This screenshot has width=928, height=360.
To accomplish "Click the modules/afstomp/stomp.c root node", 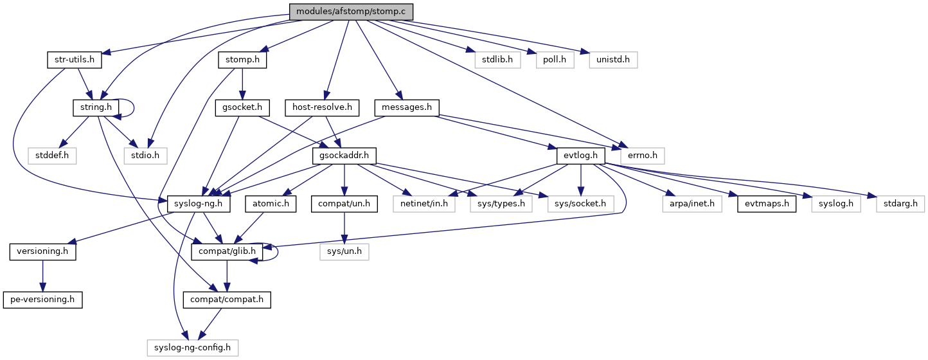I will (x=350, y=12).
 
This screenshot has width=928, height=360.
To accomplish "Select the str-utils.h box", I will (x=71, y=60).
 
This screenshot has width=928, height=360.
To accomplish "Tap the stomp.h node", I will (x=242, y=60).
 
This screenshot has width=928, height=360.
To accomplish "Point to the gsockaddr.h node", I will (x=344, y=156).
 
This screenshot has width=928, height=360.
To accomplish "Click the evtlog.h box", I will (x=582, y=156).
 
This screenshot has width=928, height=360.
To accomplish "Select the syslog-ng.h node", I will (x=199, y=204).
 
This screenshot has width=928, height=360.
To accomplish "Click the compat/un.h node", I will (x=344, y=204).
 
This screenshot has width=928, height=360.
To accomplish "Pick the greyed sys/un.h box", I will (x=344, y=251).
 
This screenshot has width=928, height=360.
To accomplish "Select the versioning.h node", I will (x=42, y=251).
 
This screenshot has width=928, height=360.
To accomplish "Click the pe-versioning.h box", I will (x=42, y=300).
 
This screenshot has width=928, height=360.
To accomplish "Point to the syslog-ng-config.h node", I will (x=193, y=348).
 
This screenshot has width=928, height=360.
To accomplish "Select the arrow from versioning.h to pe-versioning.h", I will (x=42, y=276).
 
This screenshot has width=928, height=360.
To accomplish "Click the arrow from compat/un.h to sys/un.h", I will (x=344, y=228).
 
